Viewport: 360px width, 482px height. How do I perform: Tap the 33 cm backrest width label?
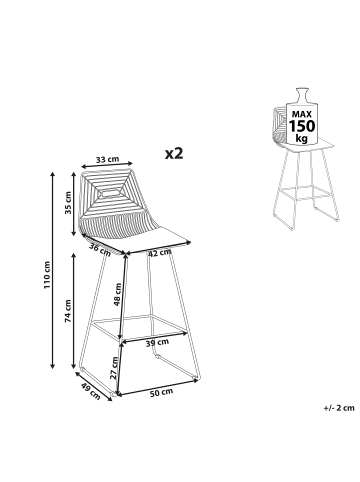pos(108,159)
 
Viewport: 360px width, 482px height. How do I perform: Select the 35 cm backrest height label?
pos(68,203)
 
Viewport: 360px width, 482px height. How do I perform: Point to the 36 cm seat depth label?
pos(100,249)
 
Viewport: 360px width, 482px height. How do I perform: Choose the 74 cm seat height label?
pos(68,311)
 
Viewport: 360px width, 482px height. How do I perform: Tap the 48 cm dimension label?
pos(117,294)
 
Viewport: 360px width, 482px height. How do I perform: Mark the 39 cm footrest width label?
pos(157,342)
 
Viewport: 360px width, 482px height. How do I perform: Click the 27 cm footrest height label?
pos(114,368)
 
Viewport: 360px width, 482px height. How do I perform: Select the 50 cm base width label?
pos(161,392)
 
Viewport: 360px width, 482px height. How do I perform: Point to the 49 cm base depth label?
pos(91,391)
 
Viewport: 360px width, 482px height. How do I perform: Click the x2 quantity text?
pos(174,153)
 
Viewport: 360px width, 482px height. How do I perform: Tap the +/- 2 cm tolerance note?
pos(339,407)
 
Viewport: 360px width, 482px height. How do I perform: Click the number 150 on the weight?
pos(302,126)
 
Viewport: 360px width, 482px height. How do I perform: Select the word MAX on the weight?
pos(302,114)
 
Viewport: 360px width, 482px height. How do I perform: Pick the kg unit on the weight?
pos(302,138)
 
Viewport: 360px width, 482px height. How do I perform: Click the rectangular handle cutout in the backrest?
pos(112,192)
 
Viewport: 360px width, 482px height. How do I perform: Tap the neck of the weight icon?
pos(302,96)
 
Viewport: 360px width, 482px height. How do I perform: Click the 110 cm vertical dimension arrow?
pos(52,270)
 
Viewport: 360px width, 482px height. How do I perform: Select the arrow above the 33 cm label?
pos(107,165)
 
